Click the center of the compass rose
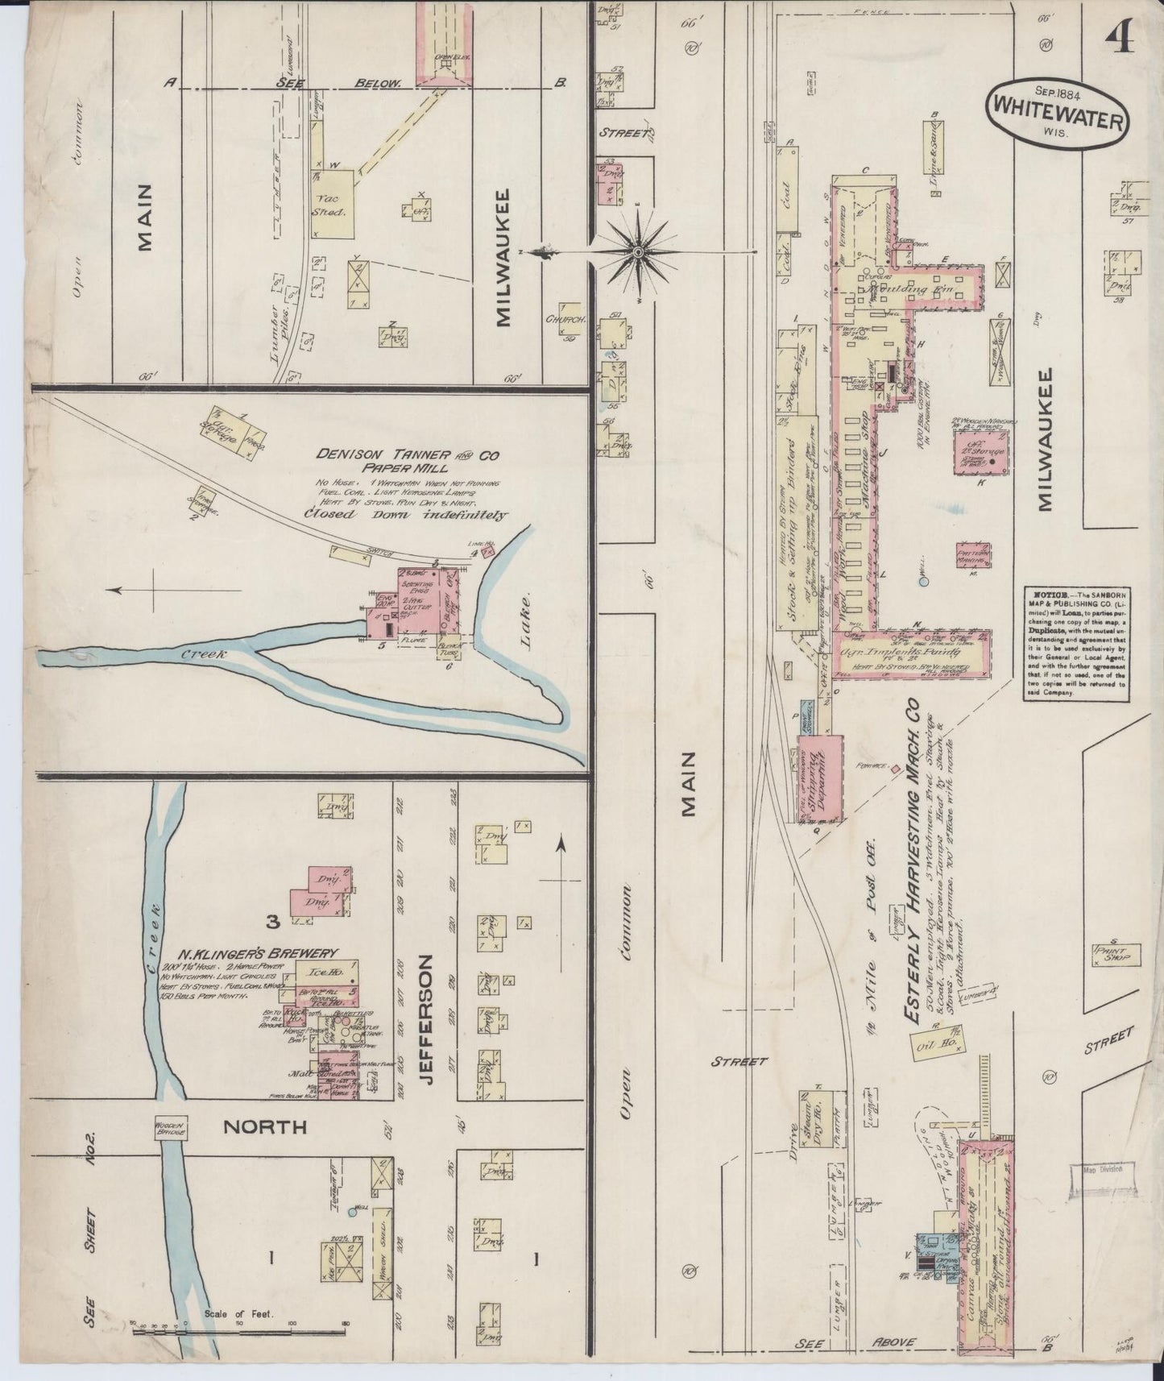tap(637, 252)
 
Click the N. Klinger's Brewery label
tap(249, 952)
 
